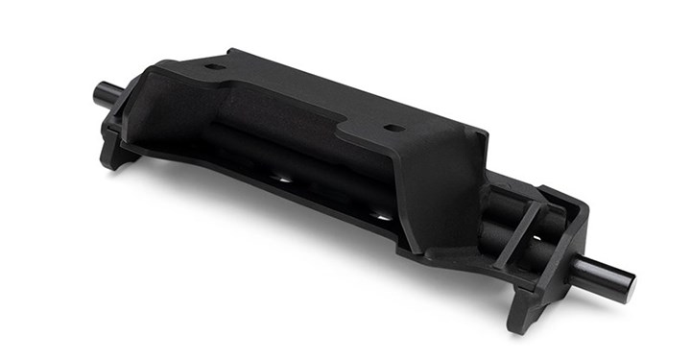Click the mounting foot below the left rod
tap(117, 154)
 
